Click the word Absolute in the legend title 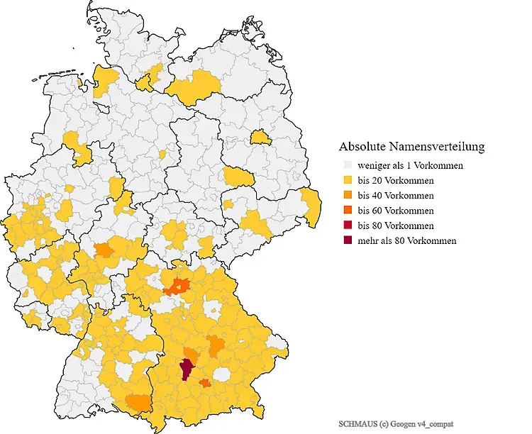(x=364, y=148)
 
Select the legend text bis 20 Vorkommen (x=396, y=181)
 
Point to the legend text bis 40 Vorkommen (x=396, y=196)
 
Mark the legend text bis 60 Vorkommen (x=396, y=211)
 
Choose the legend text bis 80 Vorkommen (x=396, y=226)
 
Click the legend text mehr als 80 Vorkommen (x=407, y=240)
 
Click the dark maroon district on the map (x=187, y=369)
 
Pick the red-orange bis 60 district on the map (x=177, y=286)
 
